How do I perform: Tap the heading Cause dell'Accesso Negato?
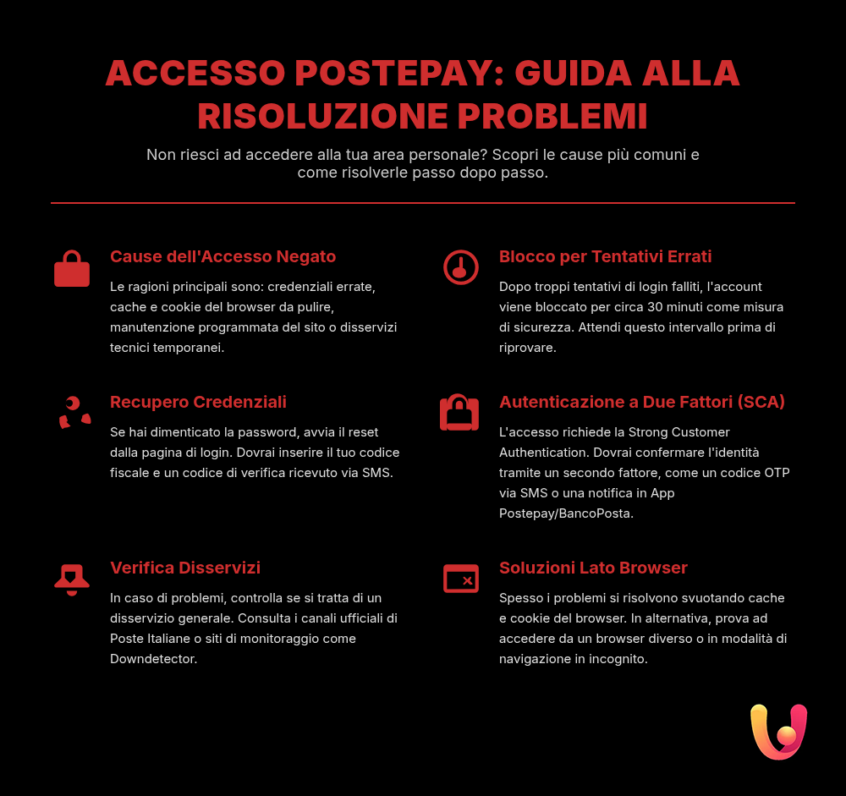pos(223,256)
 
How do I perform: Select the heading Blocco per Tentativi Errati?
pos(605,256)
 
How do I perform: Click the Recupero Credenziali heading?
pos(198,402)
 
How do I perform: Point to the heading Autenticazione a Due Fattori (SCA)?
pos(642,402)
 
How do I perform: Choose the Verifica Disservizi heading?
pos(185,568)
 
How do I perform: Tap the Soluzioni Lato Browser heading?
pos(593,568)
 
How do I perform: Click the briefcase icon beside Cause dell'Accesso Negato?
pos(72,269)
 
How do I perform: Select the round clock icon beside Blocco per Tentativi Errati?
pos(461,268)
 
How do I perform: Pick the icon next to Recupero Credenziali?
pos(74,413)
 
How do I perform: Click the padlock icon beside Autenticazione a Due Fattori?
pos(459,413)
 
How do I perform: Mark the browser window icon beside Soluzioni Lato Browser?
pos(461,579)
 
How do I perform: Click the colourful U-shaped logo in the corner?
pos(779,731)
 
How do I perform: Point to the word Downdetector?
pos(153,659)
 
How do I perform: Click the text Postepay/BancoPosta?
pos(565,513)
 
